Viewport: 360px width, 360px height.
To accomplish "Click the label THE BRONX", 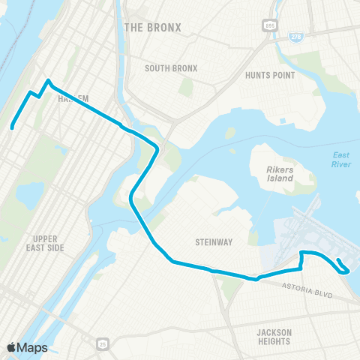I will tap(153, 27).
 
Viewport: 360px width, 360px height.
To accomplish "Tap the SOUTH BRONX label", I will tap(171, 68).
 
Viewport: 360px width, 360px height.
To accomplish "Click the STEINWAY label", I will tap(211, 242).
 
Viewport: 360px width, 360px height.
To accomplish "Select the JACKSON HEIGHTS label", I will tap(273, 337).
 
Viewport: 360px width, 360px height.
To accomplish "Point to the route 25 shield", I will tap(101, 344).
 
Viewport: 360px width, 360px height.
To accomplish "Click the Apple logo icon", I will tap(12, 347).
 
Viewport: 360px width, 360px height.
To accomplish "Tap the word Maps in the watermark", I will tap(34, 347).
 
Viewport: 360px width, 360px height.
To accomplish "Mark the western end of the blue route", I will tap(12, 128).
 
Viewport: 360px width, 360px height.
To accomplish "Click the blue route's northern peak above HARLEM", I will tap(49, 80).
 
